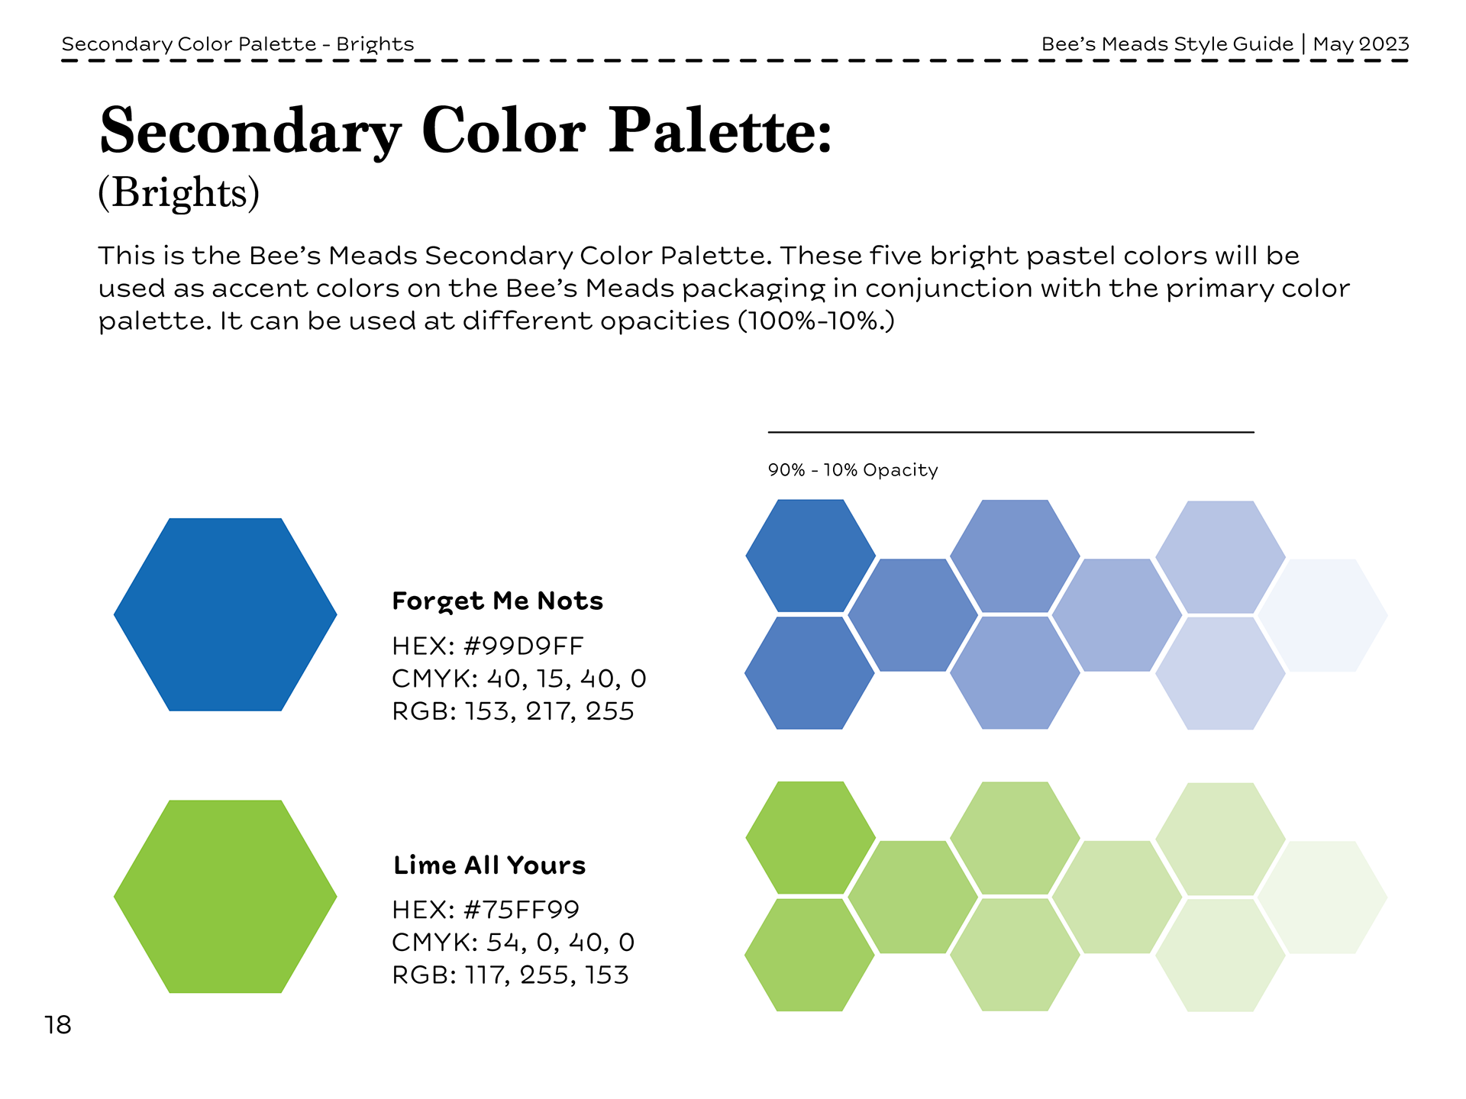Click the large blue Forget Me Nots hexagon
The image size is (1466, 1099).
pos(225,614)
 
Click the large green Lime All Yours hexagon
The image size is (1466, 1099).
pos(225,896)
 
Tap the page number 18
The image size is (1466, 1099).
pos(58,1025)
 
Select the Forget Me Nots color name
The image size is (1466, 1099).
pos(497,601)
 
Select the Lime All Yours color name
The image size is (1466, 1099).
pos(489,865)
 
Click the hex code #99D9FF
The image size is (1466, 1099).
pos(524,646)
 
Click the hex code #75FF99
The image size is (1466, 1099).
pos(521,910)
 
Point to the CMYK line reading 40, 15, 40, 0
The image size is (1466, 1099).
pos(519,678)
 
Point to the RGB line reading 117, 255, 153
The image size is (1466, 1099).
pos(510,975)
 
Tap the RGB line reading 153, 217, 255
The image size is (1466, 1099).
pos(513,711)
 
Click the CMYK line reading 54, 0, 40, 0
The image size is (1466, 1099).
pos(513,943)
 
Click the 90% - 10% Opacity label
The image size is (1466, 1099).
pos(853,470)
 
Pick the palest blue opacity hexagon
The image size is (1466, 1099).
pos(1322,615)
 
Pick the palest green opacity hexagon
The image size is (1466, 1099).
pos(1322,898)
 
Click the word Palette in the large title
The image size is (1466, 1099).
pos(720,131)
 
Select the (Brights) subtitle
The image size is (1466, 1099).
pos(179,192)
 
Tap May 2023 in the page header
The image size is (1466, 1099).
pos(1361,44)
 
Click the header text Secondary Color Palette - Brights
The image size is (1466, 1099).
pos(237,44)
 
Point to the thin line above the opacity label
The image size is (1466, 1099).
pos(1011,432)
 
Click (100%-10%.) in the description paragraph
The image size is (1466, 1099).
pos(816,321)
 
